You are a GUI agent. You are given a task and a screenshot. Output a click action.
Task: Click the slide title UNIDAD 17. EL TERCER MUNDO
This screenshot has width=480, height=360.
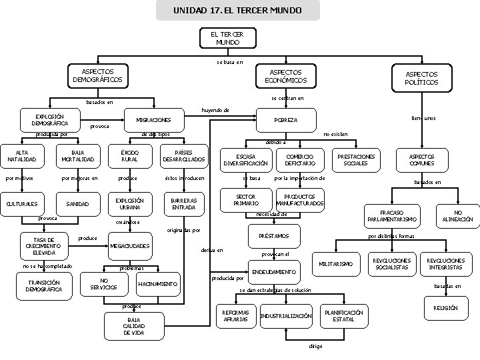click(x=237, y=11)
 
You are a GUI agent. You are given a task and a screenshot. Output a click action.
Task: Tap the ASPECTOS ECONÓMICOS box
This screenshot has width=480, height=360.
click(x=285, y=76)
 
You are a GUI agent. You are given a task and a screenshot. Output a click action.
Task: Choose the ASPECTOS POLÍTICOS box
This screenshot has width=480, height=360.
click(x=422, y=78)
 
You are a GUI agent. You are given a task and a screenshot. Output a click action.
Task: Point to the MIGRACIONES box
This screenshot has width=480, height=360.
click(x=153, y=120)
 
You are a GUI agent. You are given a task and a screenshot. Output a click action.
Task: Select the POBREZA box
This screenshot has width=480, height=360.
click(x=287, y=120)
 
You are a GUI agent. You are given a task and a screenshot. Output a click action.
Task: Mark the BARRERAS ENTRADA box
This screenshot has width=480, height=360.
click(x=183, y=203)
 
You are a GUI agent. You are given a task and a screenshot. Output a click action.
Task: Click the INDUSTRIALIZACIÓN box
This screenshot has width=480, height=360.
click(x=286, y=315)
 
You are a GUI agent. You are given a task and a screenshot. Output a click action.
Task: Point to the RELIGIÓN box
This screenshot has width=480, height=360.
click(x=445, y=309)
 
